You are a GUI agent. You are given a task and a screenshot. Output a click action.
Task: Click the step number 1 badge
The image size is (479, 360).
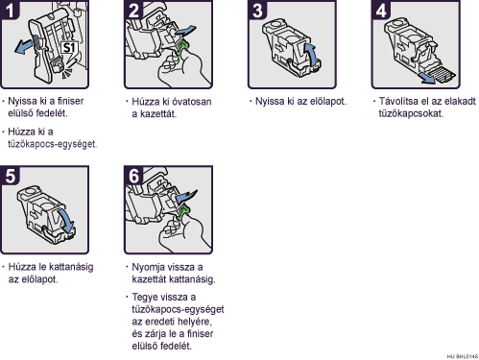[x=10, y=10]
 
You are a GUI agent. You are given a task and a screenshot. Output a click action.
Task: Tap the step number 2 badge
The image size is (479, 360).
[x=133, y=10]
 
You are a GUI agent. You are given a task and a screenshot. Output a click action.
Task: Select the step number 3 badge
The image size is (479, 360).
[x=257, y=10]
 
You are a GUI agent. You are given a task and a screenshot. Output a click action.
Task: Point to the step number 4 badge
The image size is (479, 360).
[x=381, y=10]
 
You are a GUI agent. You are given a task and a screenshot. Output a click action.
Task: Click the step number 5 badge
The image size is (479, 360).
[x=10, y=175]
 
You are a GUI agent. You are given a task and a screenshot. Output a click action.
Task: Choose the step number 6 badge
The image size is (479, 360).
[x=133, y=175]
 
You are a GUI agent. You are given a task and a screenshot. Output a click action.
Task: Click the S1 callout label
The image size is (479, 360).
[x=69, y=48]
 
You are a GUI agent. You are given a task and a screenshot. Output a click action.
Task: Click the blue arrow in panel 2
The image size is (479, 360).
[x=185, y=32]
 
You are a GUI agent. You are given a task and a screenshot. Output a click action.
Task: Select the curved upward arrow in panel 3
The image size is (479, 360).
[x=311, y=55]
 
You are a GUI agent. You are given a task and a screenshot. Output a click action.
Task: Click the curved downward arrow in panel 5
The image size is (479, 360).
[x=66, y=222]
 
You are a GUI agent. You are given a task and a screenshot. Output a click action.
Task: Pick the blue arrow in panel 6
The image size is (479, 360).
[x=186, y=197]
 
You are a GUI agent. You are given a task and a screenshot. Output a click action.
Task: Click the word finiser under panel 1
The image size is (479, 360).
[x=70, y=101]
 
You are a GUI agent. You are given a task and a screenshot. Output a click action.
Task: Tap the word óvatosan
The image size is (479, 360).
[x=192, y=102]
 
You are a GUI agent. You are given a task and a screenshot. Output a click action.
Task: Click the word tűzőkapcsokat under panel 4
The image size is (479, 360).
[x=411, y=113]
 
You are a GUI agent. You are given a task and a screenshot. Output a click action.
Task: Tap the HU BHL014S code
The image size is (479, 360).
[x=463, y=356]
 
